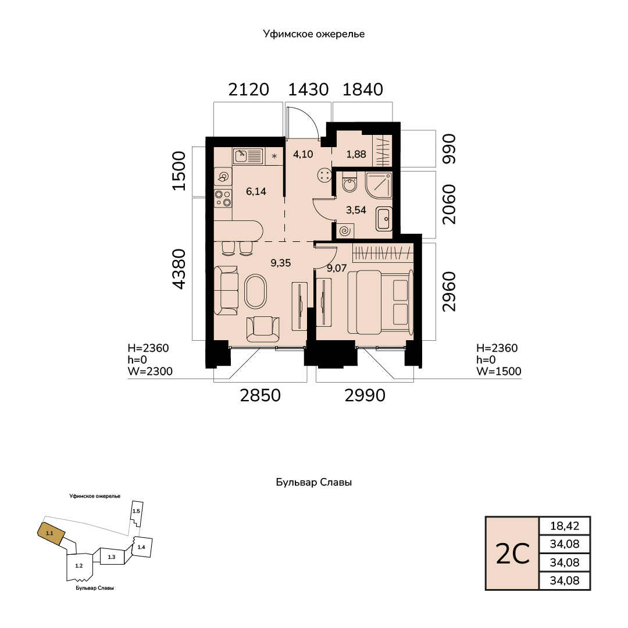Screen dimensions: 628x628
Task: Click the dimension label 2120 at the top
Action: point(248,90)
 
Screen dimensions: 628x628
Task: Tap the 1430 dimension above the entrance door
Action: point(308,90)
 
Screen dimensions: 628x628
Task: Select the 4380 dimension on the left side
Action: point(179,269)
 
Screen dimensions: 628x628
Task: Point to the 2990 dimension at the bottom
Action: point(365,396)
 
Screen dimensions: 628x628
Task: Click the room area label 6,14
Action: point(256,191)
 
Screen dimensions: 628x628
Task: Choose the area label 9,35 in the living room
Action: point(280,263)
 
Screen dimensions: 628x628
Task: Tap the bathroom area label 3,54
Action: point(356,210)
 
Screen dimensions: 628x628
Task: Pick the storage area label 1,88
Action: point(356,154)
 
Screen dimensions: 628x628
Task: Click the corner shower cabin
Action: point(379,185)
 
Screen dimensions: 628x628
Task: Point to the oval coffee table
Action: point(255,291)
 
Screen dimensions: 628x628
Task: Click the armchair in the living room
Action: point(263,329)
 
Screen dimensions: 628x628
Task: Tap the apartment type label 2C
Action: point(512,554)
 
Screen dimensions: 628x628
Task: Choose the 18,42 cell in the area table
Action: point(565,526)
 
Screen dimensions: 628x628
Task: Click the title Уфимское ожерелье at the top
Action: point(314,34)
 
